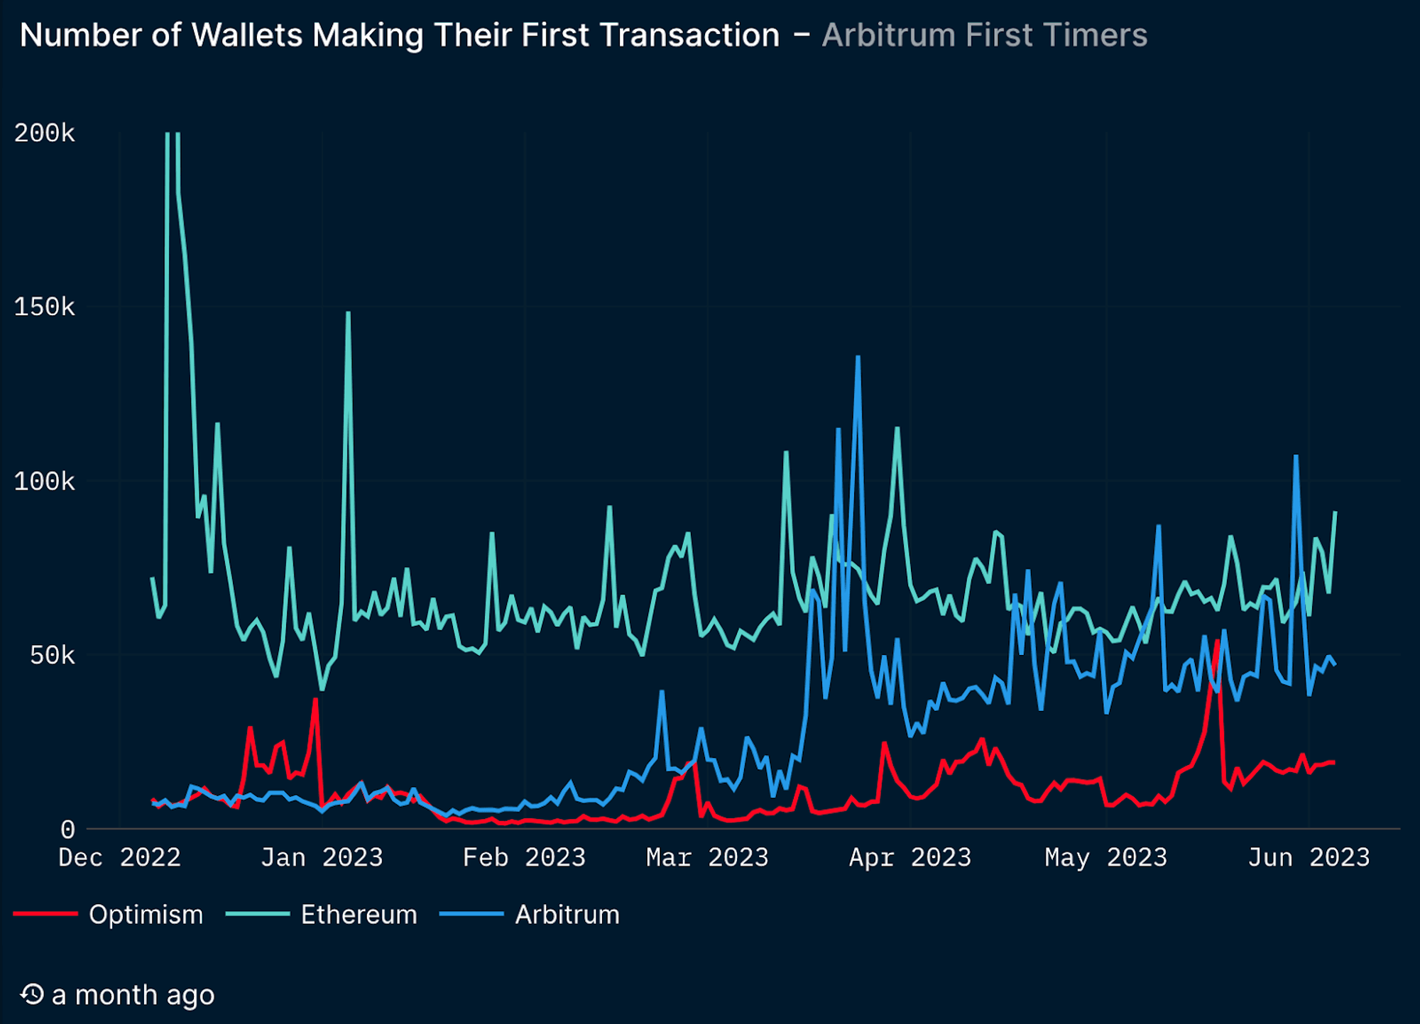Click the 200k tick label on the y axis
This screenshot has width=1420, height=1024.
(44, 133)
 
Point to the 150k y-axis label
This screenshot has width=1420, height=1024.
(44, 307)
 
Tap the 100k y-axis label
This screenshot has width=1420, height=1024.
(44, 482)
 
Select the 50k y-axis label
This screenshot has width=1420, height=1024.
(52, 656)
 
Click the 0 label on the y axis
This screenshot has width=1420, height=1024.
(67, 829)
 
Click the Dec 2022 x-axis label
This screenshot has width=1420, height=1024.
(119, 858)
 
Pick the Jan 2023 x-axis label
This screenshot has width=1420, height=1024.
(322, 858)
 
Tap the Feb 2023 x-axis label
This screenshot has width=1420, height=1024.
(524, 858)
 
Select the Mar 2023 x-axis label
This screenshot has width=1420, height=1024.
(707, 858)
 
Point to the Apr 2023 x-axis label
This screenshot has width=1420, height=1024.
(910, 858)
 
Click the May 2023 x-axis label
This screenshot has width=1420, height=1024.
(1106, 858)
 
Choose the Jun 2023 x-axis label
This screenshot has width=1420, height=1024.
(1309, 858)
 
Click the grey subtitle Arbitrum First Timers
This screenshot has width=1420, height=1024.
(984, 35)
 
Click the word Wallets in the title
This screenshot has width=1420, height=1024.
(247, 35)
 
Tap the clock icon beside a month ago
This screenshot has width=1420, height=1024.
(32, 994)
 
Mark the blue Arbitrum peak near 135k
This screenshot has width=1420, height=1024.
(858, 358)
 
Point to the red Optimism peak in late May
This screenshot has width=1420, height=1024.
(1218, 642)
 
